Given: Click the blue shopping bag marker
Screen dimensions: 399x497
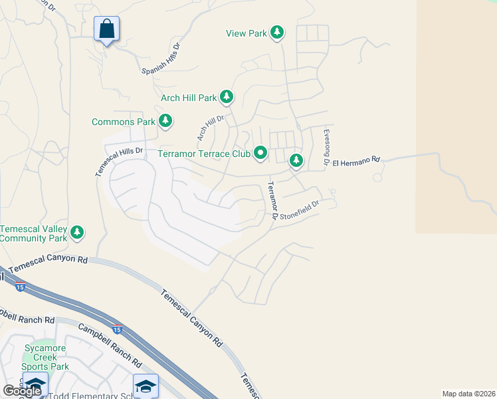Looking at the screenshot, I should click(106, 29).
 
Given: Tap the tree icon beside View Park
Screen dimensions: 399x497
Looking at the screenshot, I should click(277, 33).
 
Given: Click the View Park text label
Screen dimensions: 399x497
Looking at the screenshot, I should click(246, 33).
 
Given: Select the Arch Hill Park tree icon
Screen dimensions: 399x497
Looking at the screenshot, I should click(227, 98).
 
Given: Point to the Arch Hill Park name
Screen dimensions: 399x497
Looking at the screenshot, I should click(189, 98).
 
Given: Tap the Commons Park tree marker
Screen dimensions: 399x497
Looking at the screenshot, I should click(165, 121).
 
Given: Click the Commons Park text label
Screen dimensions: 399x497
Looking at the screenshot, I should click(123, 122).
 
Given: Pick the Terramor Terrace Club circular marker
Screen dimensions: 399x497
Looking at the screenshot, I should click(261, 154).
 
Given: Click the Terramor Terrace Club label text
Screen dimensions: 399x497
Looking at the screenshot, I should click(203, 154).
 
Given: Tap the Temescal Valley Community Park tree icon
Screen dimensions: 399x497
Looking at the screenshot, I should click(78, 232).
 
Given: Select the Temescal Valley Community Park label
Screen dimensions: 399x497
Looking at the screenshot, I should click(34, 233).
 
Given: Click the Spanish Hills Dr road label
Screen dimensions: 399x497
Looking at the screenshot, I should click(161, 59).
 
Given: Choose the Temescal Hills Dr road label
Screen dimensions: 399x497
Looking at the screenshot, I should click(119, 161).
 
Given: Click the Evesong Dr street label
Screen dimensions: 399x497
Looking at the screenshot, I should click(326, 147).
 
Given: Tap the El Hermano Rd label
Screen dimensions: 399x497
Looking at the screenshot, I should click(355, 160).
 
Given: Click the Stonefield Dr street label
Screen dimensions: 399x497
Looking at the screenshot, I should click(300, 210).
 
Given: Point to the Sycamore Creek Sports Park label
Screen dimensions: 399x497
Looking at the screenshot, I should click(45, 357).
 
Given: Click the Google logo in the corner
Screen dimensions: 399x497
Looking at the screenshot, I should click(22, 391).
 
